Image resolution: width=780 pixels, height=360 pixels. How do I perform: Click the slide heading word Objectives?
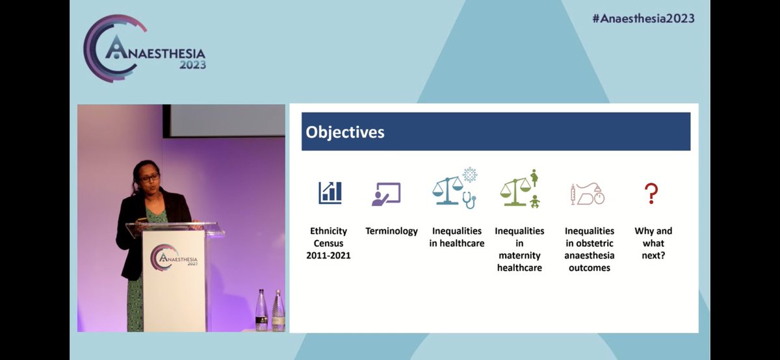(x=344, y=133)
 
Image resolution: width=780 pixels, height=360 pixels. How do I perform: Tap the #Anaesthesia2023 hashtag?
(x=643, y=18)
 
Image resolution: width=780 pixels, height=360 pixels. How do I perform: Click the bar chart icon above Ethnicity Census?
(x=330, y=192)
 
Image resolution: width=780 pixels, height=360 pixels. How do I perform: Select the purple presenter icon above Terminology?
(x=386, y=194)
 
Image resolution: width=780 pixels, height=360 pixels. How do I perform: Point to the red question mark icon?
(x=651, y=193)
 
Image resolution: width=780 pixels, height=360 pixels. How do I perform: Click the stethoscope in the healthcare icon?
(x=469, y=200)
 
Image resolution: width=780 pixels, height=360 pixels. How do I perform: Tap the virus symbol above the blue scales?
(x=470, y=174)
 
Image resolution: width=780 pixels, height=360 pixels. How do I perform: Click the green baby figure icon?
(x=534, y=201)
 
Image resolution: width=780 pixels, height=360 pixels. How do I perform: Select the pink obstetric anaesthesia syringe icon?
(x=573, y=194)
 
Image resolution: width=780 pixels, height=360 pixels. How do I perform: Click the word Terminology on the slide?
(x=391, y=231)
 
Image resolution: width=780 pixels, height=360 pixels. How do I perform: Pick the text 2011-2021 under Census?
(x=328, y=255)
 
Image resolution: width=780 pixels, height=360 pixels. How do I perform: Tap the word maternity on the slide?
(x=519, y=255)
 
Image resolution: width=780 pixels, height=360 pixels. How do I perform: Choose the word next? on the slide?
(x=653, y=255)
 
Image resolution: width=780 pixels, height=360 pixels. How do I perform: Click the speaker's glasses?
(x=149, y=179)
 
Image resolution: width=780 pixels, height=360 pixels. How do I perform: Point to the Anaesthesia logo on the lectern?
(x=174, y=257)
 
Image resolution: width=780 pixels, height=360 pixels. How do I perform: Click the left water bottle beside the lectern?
(x=261, y=310)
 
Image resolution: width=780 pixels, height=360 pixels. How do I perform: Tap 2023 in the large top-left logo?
(x=192, y=65)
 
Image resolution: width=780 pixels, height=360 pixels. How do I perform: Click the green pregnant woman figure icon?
(x=534, y=178)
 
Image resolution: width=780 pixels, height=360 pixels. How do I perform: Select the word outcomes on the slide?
(x=589, y=267)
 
